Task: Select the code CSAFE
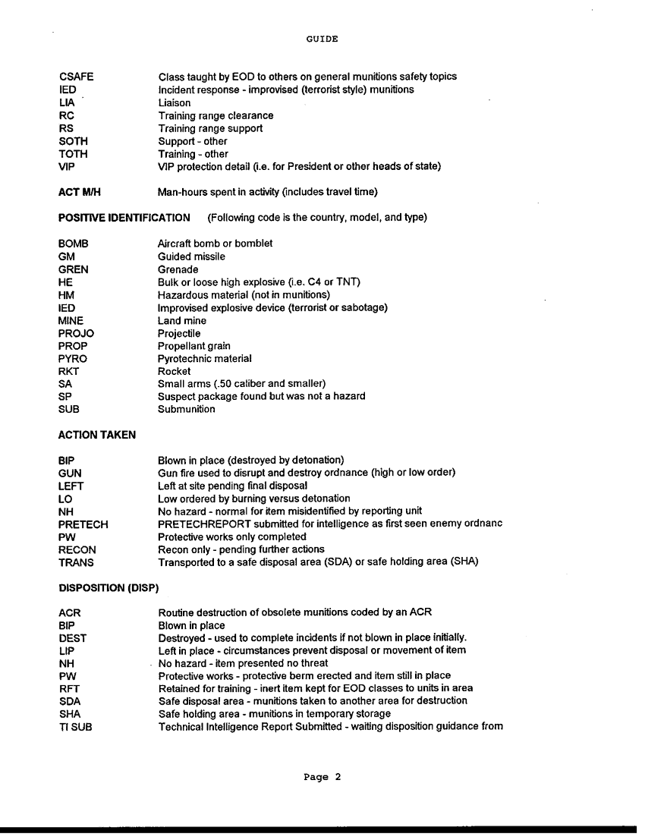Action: pos(76,77)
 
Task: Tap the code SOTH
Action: pos(73,141)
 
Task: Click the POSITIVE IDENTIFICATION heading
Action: pos(124,218)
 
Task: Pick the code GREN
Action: pos(74,269)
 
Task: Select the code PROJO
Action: pos(76,333)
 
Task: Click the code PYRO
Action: pos(73,358)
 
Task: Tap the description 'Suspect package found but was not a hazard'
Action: pos(262,396)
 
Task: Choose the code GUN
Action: pos(70,473)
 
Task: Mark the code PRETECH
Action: pos(83,524)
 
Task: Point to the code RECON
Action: pos(77,549)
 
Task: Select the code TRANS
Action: pos(75,562)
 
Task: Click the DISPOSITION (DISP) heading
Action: pos(107,588)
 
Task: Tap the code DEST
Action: pos(72,638)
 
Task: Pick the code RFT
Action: pos(69,688)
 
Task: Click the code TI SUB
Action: pos(75,727)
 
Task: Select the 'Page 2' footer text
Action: pos(322,777)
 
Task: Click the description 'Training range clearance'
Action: pos(216,115)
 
